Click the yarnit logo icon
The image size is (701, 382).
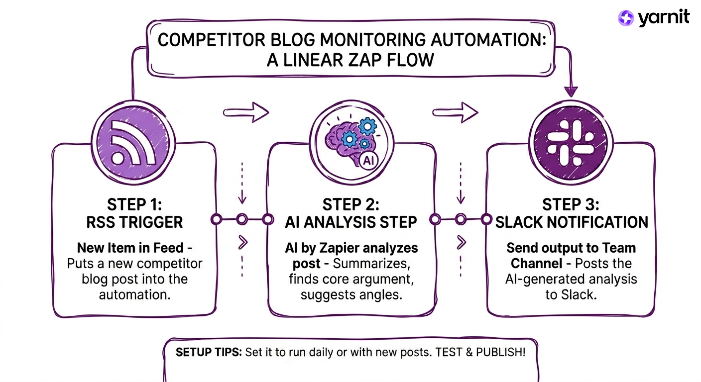point(626,18)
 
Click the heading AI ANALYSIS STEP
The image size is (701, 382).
point(351,222)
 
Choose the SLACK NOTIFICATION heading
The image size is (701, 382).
point(572,222)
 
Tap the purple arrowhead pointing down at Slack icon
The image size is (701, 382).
point(571,91)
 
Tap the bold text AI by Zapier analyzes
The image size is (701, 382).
point(351,248)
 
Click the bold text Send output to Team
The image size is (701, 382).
point(571,248)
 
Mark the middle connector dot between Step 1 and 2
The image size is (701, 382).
point(242,219)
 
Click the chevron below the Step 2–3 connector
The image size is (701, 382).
point(461,243)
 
